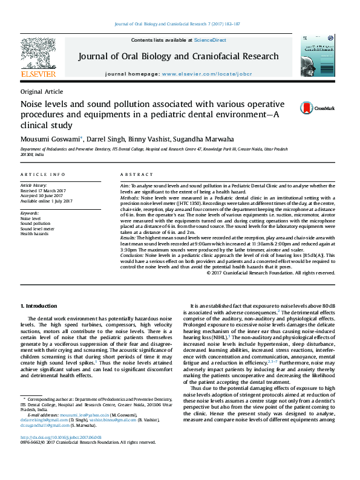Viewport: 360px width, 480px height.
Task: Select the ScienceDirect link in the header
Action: [x=210, y=39]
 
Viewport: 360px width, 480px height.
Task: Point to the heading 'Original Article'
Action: [x=41, y=91]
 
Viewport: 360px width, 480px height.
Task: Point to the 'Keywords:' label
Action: [x=30, y=213]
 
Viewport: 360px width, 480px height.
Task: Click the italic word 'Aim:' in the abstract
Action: [x=126, y=186]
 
